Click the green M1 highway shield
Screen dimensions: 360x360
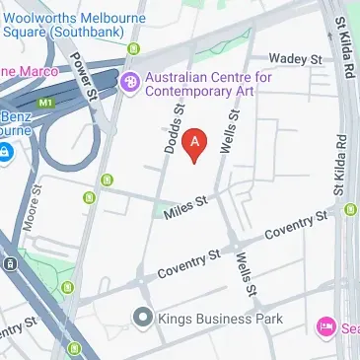(x=46, y=100)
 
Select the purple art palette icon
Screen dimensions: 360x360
(x=129, y=85)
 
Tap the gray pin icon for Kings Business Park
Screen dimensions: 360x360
(x=142, y=318)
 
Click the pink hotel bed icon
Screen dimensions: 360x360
(x=324, y=326)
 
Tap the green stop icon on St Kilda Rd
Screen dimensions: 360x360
(x=350, y=209)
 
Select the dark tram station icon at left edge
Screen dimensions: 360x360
(x=7, y=264)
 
